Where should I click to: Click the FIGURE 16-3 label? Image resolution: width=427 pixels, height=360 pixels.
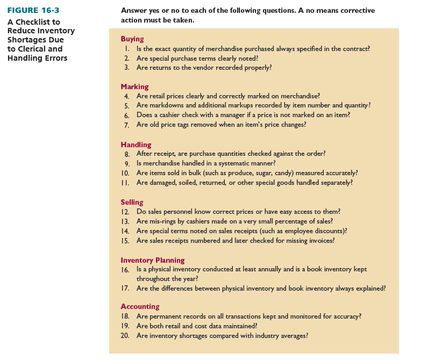31,11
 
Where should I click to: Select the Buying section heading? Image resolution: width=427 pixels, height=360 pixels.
132,39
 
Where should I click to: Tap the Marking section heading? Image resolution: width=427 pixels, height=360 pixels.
134,87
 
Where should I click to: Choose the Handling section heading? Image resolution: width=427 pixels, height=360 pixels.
136,145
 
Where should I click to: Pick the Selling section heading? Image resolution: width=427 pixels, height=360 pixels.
132,203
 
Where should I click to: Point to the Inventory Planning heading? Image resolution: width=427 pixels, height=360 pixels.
153,261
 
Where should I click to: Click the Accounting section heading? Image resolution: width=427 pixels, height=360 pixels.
140,307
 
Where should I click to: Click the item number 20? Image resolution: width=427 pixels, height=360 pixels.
125,336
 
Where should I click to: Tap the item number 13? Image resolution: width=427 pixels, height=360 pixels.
125,221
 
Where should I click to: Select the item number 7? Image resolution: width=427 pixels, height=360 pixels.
127,125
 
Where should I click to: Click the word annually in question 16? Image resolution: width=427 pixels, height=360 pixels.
265,269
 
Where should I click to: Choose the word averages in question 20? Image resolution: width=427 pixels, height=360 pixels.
291,336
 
